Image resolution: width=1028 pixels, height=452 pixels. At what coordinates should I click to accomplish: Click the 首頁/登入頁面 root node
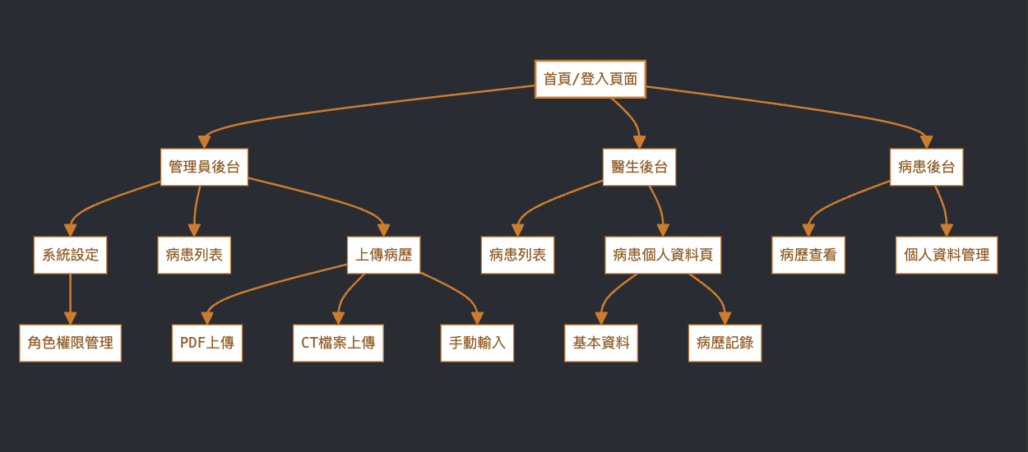590,79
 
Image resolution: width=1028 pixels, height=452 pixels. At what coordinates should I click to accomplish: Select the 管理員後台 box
204,167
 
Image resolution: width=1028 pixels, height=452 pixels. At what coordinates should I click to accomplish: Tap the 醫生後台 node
639,167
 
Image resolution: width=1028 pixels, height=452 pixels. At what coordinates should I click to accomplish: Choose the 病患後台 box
926,167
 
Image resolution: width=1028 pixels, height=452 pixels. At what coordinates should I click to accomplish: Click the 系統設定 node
70,255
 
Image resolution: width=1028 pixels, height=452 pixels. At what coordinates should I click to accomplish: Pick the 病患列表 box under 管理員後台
194,255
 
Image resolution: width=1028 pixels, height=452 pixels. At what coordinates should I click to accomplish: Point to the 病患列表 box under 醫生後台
517,255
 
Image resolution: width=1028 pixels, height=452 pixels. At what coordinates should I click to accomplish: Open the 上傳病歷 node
383,255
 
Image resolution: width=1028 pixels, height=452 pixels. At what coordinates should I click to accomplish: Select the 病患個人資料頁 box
663,255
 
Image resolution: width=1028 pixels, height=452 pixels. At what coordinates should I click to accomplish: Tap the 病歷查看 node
808,255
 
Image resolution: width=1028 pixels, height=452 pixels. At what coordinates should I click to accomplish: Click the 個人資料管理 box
946,255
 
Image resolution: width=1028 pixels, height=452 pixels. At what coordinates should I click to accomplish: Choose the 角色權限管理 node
70,343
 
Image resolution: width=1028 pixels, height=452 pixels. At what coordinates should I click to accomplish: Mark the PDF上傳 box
207,343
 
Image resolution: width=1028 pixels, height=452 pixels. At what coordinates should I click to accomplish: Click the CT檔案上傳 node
338,343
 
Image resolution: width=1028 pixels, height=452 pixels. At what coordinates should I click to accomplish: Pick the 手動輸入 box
477,343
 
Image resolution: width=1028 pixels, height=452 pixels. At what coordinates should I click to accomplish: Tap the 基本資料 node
601,343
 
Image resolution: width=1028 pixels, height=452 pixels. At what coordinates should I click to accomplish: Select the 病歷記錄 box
725,343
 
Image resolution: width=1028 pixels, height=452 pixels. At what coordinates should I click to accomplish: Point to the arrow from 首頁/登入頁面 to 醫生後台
629,116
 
